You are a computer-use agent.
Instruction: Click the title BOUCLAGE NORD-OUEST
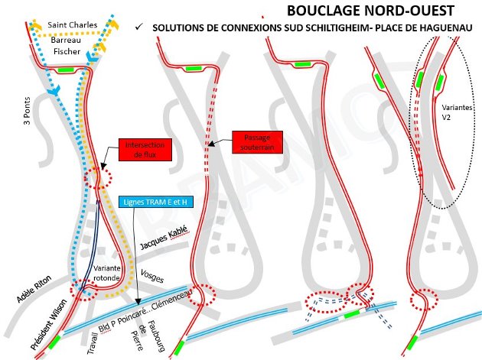[x=370, y=11]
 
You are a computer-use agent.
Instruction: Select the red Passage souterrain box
[x=257, y=143]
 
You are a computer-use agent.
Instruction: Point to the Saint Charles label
[x=73, y=24]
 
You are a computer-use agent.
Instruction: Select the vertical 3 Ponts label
[x=28, y=111]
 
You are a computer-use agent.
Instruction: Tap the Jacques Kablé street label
[x=164, y=243]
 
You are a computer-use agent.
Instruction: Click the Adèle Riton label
[x=33, y=289]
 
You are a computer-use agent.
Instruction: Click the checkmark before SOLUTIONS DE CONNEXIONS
[x=138, y=28]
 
